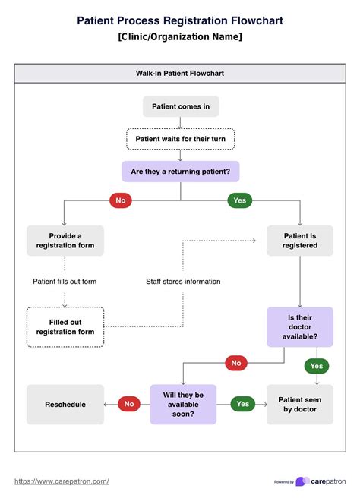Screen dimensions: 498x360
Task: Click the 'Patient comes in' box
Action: click(180, 106)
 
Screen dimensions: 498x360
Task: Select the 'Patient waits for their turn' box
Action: click(180, 139)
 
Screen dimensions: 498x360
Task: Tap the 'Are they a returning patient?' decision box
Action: click(180, 172)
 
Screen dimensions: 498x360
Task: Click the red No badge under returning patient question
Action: click(119, 200)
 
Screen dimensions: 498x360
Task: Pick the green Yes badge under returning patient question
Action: click(238, 200)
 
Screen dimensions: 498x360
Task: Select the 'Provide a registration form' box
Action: click(65, 241)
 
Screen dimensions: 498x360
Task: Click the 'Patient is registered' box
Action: click(300, 241)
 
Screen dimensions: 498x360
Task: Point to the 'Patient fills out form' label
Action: click(65, 282)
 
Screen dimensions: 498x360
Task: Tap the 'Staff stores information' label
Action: click(183, 282)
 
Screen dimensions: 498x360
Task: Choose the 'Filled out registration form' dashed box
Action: click(65, 326)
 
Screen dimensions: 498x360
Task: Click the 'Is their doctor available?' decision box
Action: click(299, 326)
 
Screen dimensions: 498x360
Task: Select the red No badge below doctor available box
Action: click(236, 363)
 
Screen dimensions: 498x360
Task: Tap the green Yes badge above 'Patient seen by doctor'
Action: click(316, 366)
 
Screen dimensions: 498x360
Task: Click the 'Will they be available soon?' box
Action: click(183, 404)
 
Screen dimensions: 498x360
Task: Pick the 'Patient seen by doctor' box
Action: click(299, 404)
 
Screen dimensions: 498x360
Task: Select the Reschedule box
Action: click(65, 404)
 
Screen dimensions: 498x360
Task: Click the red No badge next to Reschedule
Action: click(128, 404)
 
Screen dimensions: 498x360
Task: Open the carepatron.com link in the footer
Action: click(62, 481)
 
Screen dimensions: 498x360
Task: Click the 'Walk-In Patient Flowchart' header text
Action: click(180, 74)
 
